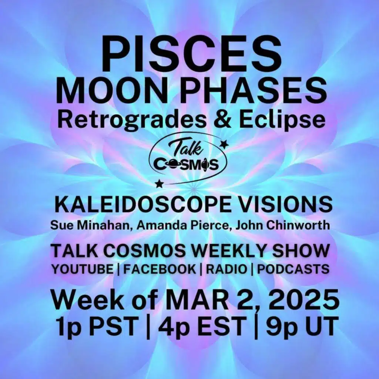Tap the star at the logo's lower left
pyautogui.click(x=159, y=183)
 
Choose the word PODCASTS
pyautogui.click(x=293, y=269)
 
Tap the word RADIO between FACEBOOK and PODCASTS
pyautogui.click(x=227, y=269)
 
